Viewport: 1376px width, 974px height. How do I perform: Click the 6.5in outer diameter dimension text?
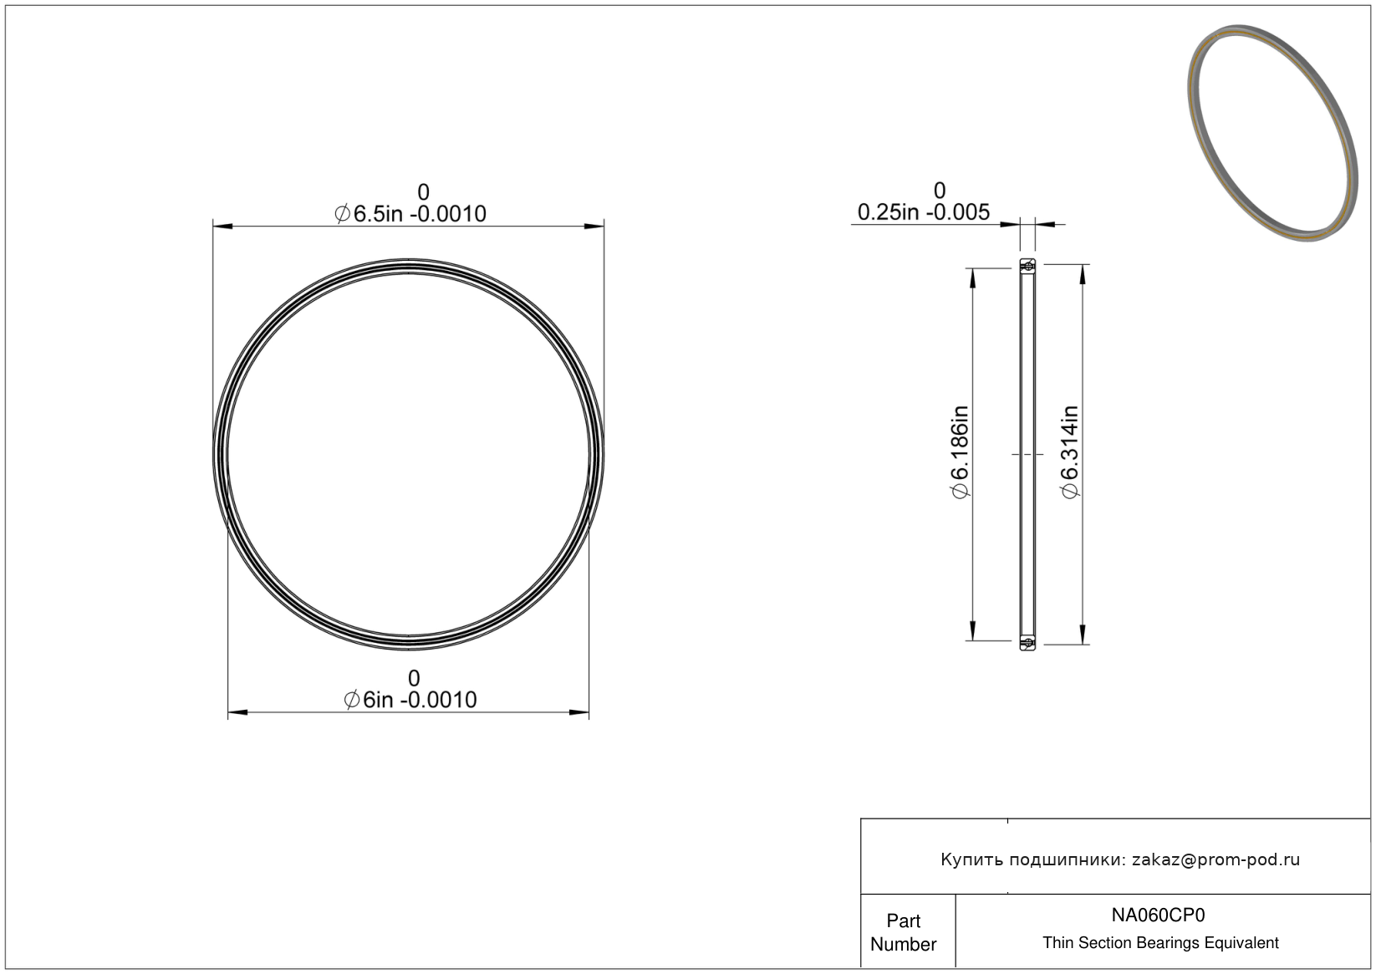click(x=410, y=214)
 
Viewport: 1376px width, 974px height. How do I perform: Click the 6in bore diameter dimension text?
click(x=410, y=700)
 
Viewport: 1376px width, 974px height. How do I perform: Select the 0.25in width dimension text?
click(x=923, y=212)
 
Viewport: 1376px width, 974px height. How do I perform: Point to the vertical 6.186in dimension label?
click(x=960, y=453)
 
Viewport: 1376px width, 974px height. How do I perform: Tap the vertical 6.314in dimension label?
click(x=1069, y=453)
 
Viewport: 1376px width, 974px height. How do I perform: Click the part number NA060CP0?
click(x=1158, y=915)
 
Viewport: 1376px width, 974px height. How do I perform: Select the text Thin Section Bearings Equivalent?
click(x=1160, y=943)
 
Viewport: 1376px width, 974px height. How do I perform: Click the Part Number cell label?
click(x=903, y=932)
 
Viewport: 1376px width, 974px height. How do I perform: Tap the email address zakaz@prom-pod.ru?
click(x=1215, y=859)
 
